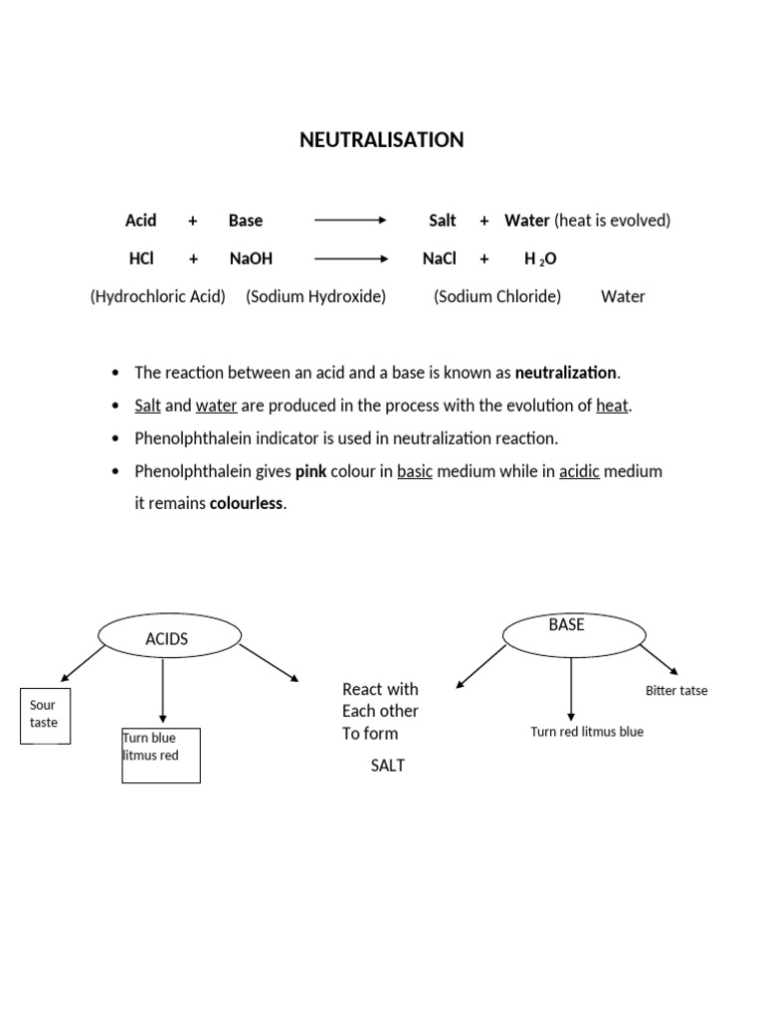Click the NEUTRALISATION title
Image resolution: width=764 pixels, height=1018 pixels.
tap(381, 140)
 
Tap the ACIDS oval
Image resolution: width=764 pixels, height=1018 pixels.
tap(169, 637)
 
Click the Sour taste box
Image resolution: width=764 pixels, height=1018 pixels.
tap(45, 715)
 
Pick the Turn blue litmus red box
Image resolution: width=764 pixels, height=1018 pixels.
tap(160, 756)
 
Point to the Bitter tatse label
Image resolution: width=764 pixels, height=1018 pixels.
tap(676, 691)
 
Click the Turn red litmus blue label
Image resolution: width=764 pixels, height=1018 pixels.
tap(587, 732)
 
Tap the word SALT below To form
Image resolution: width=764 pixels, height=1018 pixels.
tap(388, 765)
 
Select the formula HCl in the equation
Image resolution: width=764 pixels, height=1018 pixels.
tap(141, 258)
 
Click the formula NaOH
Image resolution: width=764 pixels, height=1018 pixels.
tap(251, 258)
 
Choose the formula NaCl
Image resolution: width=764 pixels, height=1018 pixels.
tap(439, 258)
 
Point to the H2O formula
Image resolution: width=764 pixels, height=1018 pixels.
tap(540, 258)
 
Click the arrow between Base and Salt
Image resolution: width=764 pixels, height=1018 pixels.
tap(350, 221)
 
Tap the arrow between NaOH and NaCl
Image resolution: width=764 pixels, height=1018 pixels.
tap(350, 258)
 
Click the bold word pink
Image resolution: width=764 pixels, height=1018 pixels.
tap(311, 471)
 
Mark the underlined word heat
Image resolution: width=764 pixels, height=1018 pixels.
tap(613, 406)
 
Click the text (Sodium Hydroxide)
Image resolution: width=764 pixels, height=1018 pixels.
tap(315, 296)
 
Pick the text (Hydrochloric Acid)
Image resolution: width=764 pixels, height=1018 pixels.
tap(157, 296)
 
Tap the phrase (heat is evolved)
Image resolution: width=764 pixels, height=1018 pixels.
tap(612, 221)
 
